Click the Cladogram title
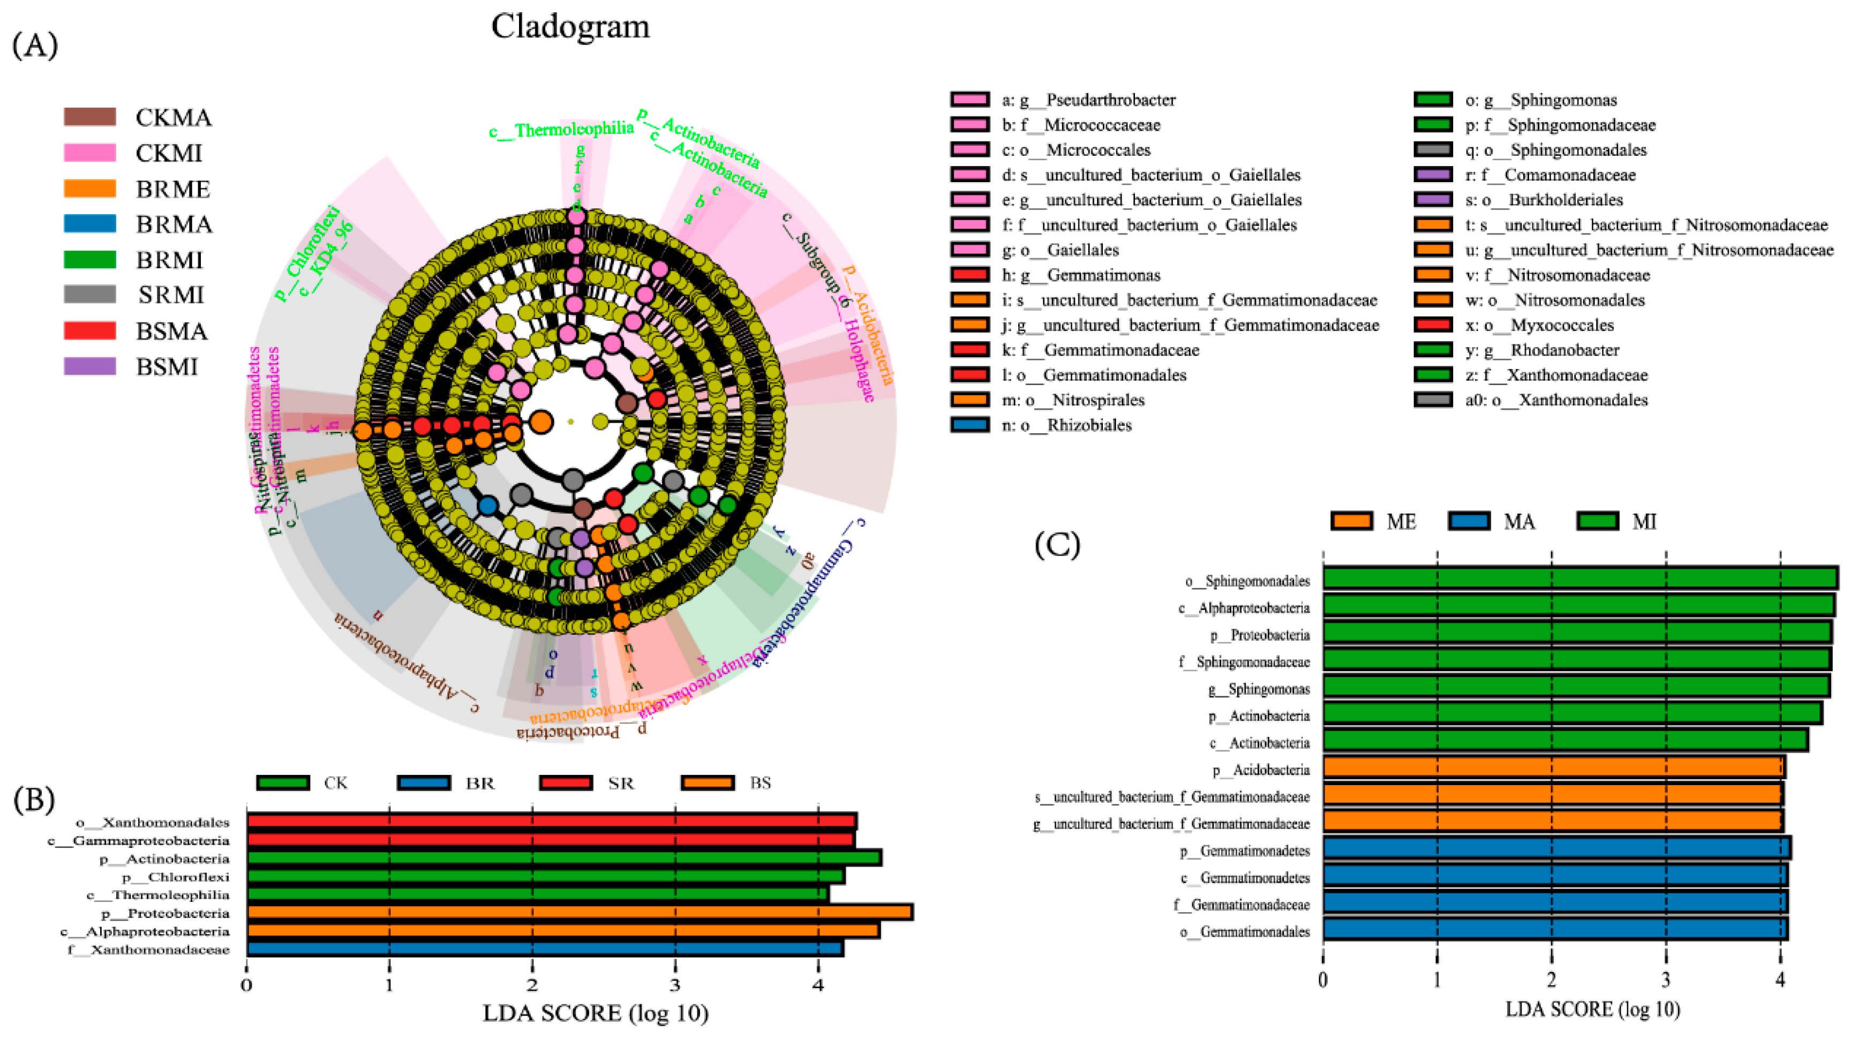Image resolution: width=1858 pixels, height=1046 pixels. [x=570, y=27]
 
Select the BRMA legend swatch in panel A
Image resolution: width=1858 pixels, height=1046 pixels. [x=89, y=224]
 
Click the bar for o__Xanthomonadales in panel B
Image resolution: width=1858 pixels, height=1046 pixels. [x=551, y=822]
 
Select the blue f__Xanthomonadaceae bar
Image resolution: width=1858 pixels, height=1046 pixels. [x=545, y=949]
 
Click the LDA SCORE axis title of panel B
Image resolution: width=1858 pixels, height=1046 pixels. [x=595, y=1013]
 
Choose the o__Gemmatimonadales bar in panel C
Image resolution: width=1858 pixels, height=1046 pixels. [x=1554, y=930]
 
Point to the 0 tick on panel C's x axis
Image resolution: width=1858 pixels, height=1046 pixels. [x=1323, y=979]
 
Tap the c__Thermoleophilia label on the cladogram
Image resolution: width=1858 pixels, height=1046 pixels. [x=561, y=130]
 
